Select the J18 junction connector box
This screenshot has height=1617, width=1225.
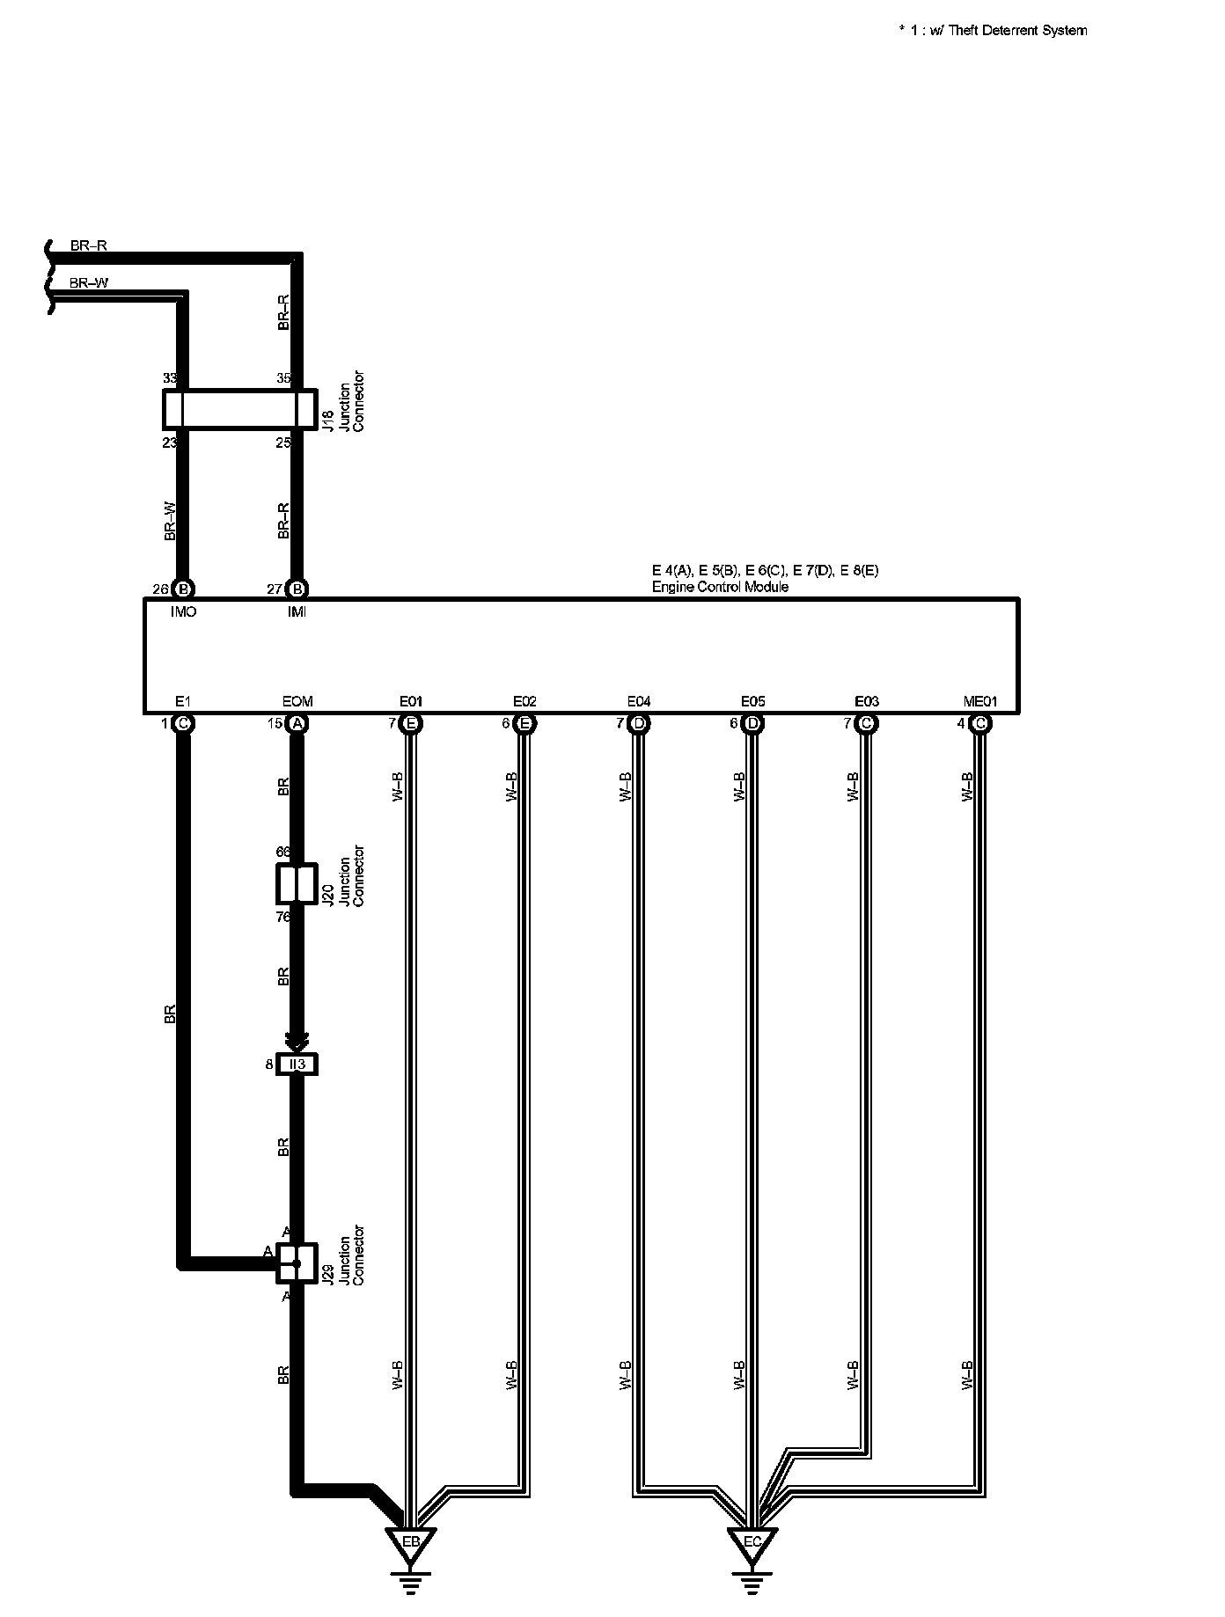(239, 409)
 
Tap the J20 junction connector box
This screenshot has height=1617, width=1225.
(297, 884)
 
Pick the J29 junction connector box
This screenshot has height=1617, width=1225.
(297, 1263)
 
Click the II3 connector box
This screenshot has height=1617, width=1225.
(297, 1065)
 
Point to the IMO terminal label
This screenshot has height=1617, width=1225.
(183, 611)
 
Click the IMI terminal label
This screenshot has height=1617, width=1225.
(297, 611)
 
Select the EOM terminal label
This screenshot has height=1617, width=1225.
(297, 701)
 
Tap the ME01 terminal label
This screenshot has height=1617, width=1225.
(980, 701)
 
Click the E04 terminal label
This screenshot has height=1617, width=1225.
(639, 701)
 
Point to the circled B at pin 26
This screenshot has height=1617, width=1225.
(183, 589)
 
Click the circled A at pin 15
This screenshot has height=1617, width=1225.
(297, 723)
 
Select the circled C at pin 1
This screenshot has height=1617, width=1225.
(183, 723)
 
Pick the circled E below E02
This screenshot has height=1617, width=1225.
(524, 723)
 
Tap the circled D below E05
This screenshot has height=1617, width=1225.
(752, 723)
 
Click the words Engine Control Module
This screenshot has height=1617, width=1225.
(720, 587)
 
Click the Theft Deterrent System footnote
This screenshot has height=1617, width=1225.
(993, 31)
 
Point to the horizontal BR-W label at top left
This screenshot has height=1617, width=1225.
(89, 283)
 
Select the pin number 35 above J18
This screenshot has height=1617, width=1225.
(283, 378)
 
